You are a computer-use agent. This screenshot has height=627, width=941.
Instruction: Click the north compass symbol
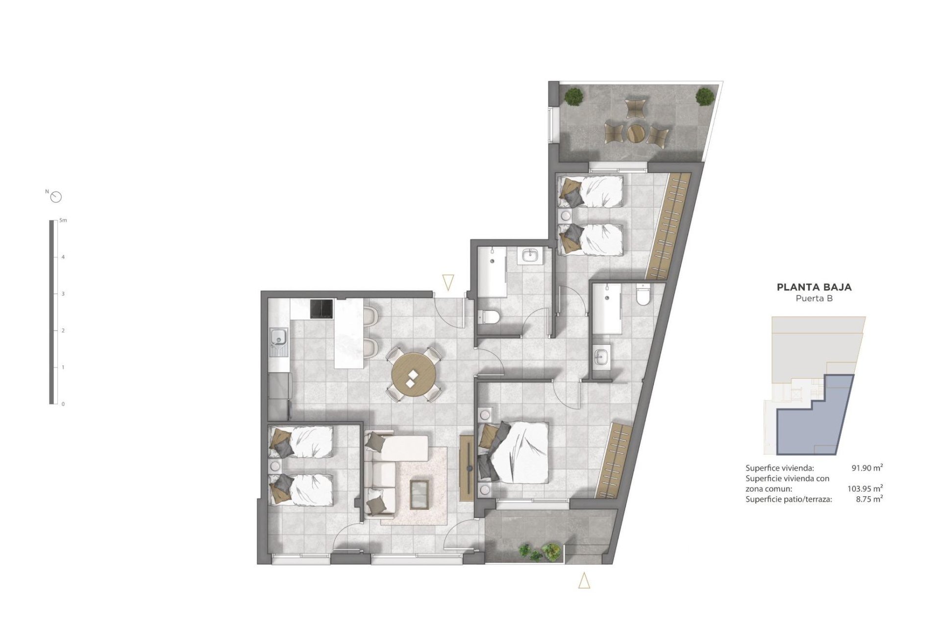tap(56, 197)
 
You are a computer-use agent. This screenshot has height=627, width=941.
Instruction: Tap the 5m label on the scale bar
tap(63, 220)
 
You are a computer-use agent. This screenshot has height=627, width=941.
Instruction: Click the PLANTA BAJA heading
tap(814, 288)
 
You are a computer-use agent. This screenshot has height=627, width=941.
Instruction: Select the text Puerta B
tap(814, 298)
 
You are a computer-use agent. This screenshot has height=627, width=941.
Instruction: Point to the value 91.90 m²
tap(867, 468)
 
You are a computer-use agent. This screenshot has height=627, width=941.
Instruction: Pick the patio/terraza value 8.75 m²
tap(868, 499)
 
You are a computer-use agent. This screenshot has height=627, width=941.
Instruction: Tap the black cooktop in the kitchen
tap(322, 309)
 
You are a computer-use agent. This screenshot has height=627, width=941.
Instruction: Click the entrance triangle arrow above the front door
tap(447, 283)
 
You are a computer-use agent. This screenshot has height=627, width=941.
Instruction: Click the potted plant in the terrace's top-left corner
tap(572, 96)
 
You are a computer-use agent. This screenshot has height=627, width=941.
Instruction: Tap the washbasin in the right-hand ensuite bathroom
tap(602, 357)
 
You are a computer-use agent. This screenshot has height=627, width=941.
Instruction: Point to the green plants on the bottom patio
tap(540, 552)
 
